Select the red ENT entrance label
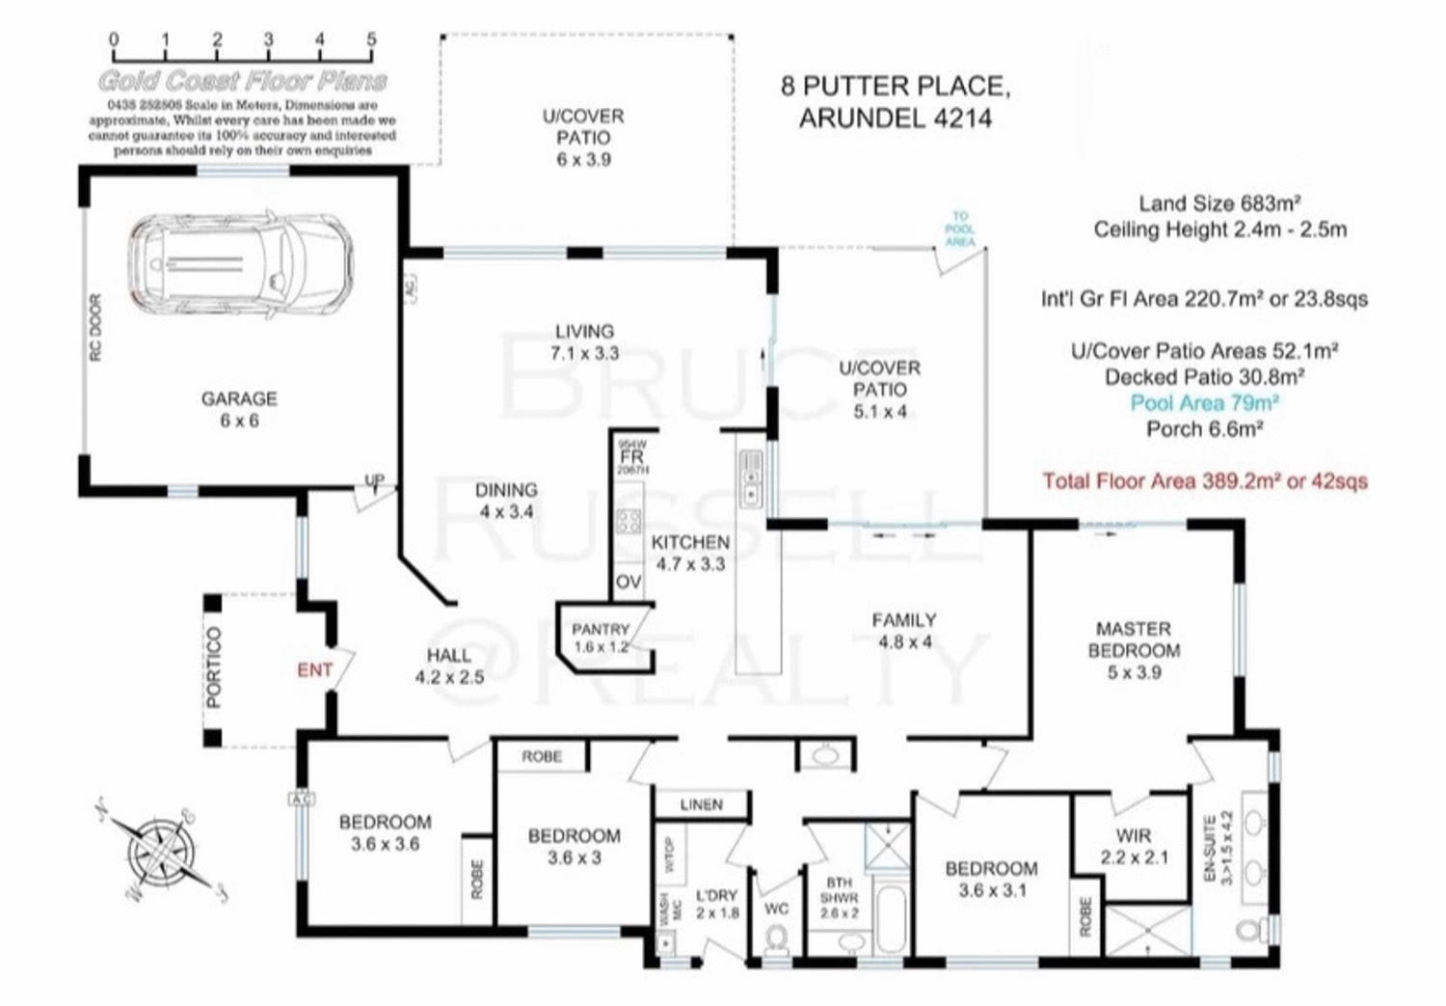point(314,670)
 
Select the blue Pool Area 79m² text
point(1204,403)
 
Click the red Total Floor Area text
point(1204,480)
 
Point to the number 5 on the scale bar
point(371,40)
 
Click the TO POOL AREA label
point(959,230)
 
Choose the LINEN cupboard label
point(701,804)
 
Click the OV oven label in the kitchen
point(629,582)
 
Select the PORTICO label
point(214,667)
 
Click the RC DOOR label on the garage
point(95,328)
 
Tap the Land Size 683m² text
point(1219,204)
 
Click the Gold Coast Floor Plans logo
point(242,80)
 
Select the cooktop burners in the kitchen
point(629,522)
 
